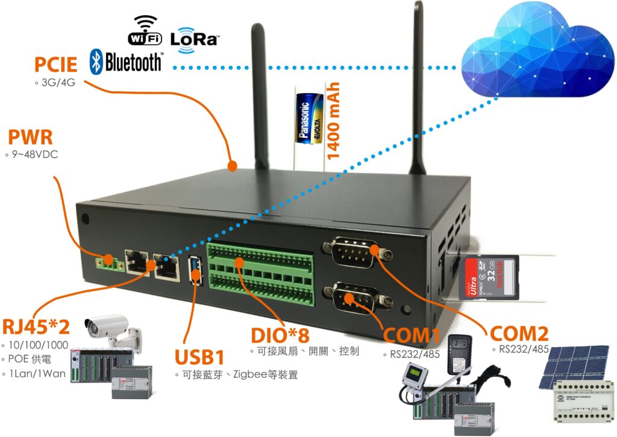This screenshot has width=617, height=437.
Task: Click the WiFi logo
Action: pos(145,31)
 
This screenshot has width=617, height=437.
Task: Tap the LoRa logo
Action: pos(194,40)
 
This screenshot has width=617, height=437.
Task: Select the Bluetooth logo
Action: pos(126,62)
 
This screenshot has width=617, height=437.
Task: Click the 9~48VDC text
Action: pos(36,155)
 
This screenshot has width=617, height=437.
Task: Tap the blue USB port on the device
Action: pos(195,269)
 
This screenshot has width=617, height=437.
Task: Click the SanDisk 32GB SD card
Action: pos(489,278)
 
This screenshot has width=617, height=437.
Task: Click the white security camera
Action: pos(111,329)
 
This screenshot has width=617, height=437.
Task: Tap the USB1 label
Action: pos(199,356)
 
